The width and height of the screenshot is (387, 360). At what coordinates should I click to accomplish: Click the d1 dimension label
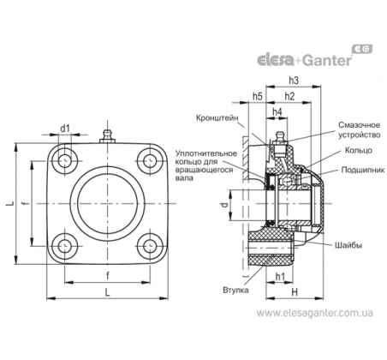65,129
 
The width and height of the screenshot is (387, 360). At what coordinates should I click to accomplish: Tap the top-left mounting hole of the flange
65,161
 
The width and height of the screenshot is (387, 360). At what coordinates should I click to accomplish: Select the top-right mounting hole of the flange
149,161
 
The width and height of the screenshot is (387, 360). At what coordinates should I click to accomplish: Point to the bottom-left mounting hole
65,246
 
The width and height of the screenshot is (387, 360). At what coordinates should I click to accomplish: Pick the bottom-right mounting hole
149,246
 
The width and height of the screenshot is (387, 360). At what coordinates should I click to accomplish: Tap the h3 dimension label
294,81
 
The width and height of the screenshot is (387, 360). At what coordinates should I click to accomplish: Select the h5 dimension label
257,96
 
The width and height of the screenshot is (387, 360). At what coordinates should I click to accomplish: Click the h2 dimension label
289,96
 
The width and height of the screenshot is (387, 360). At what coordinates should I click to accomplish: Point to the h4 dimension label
277,111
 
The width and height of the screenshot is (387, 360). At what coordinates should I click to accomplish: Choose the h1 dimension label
280,276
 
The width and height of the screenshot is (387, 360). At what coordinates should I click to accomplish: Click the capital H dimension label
295,292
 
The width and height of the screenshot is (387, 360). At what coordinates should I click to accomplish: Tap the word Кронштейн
217,117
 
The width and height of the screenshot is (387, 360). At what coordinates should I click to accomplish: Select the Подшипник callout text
363,170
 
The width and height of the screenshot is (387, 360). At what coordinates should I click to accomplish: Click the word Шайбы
348,245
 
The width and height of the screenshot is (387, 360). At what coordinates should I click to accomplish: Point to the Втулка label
235,291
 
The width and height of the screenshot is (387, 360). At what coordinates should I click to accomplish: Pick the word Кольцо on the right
359,150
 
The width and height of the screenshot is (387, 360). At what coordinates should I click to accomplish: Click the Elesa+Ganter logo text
305,59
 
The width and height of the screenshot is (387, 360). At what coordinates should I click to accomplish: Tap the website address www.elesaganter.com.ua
314,313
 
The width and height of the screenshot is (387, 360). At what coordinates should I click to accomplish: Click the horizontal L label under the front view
107,292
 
